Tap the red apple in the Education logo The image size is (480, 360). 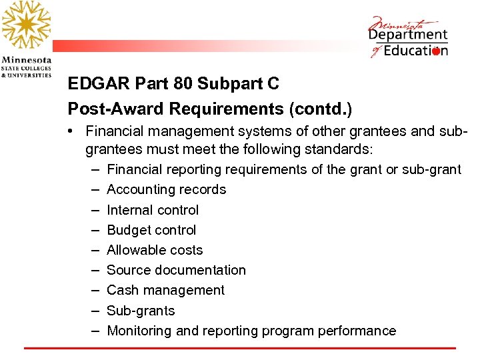point(436,51)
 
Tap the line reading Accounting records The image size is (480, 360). point(166,189)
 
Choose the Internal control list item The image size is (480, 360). point(153,210)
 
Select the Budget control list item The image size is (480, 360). point(151,230)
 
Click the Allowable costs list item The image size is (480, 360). point(155,250)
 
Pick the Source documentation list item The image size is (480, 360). point(176,270)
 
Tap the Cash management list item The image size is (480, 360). point(165,290)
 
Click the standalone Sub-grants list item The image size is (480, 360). point(141,311)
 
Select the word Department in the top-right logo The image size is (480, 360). point(408,34)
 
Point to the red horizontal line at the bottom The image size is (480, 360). point(240,348)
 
